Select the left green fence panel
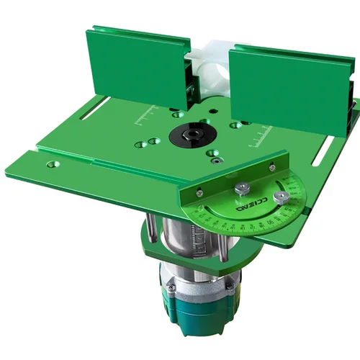[137, 68]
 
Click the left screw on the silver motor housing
[171, 288]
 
